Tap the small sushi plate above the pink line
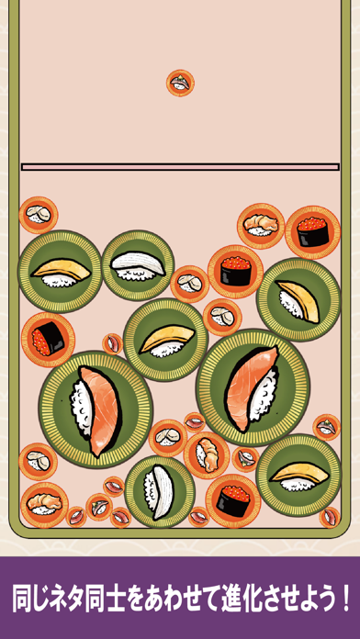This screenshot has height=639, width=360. (180, 83)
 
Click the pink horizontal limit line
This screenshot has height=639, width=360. (180, 167)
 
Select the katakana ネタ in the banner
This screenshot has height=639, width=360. (60, 599)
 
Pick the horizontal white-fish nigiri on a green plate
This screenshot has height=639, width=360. (138, 265)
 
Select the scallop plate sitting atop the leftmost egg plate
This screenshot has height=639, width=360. (39, 215)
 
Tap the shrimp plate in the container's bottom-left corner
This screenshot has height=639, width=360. (44, 505)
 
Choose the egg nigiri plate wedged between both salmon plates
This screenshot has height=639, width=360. (165, 340)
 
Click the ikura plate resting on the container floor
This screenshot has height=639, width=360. (232, 500)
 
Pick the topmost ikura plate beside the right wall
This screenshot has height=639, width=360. (312, 232)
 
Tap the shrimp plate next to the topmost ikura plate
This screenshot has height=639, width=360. (261, 226)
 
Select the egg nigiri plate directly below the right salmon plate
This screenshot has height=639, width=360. (298, 476)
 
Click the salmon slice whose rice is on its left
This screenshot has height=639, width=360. (99, 410)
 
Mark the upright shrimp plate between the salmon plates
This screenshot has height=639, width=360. (207, 455)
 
